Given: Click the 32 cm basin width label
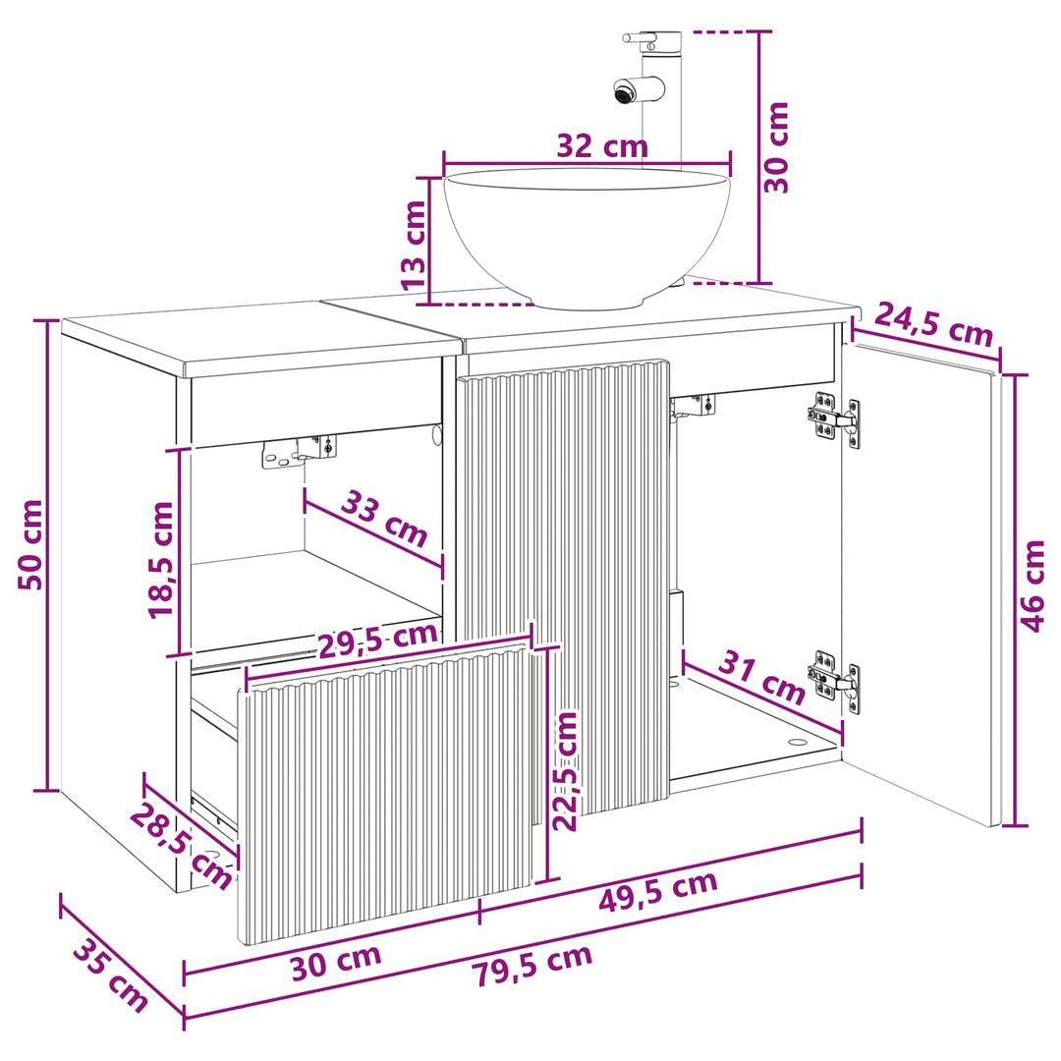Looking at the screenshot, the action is (601, 146).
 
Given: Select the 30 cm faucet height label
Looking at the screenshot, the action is (776, 147).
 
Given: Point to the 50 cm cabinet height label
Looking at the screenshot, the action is (29, 544).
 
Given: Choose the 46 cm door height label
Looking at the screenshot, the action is (1033, 586).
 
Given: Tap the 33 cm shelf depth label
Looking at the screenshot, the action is (384, 519).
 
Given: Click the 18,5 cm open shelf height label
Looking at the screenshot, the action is (161, 560).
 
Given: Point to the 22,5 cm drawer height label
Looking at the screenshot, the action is (565, 771).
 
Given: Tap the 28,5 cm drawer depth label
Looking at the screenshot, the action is (181, 846).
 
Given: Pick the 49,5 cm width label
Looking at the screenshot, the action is (657, 891).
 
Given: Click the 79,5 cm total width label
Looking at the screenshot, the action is (531, 965).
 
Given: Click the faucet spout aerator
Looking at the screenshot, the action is (623, 91).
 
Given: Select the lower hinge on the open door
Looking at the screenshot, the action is (834, 680).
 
